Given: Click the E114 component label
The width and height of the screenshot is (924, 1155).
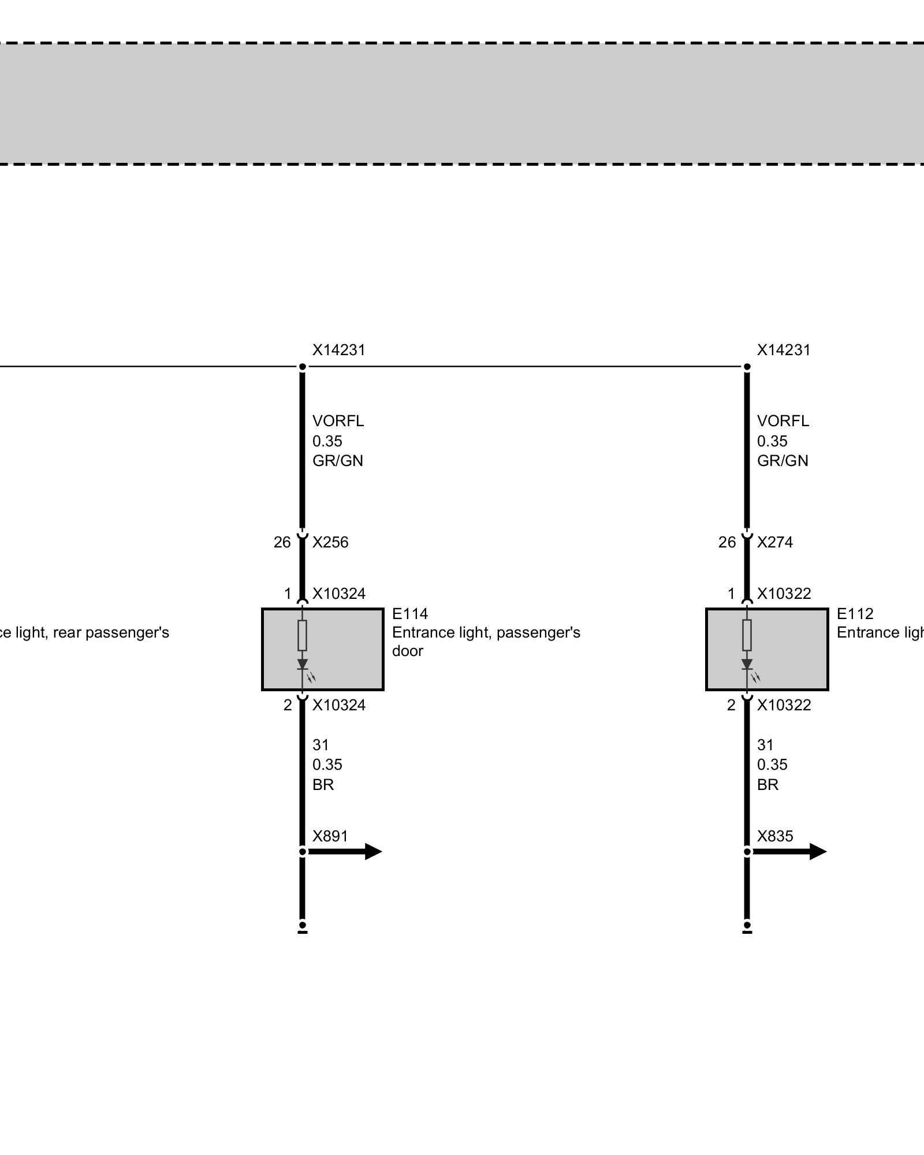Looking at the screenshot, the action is (x=410, y=613).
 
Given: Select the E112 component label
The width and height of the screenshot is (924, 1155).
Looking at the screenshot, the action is (x=855, y=613).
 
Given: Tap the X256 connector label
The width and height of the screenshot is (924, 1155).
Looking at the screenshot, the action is (x=330, y=542).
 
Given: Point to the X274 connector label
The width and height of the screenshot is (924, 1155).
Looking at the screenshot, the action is (x=775, y=542).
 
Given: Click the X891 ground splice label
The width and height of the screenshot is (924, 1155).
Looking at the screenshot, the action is (x=330, y=836).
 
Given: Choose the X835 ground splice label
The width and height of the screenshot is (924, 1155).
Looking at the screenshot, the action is (x=775, y=836).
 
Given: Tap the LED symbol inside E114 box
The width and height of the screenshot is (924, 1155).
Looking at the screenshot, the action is (x=303, y=665).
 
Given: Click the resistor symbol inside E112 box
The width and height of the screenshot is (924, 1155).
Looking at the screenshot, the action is (x=747, y=635).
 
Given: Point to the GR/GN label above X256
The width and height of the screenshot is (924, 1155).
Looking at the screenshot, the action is (x=338, y=461).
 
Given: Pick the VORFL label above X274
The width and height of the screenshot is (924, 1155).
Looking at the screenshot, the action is (x=783, y=421).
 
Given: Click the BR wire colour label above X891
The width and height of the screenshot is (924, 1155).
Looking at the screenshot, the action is (x=323, y=785).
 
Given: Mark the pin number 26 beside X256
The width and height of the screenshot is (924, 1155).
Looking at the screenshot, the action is (x=282, y=542).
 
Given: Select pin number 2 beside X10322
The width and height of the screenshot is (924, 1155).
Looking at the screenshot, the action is (x=731, y=705).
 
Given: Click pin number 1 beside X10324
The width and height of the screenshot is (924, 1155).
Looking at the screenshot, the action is (x=287, y=594).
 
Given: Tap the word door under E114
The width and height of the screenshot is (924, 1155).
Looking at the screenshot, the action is (x=407, y=651).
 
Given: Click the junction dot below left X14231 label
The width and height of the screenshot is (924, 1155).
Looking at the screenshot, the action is (x=303, y=367).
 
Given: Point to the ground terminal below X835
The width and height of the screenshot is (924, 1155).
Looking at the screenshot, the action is (x=747, y=926).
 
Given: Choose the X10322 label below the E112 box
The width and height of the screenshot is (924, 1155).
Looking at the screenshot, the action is (x=784, y=705).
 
